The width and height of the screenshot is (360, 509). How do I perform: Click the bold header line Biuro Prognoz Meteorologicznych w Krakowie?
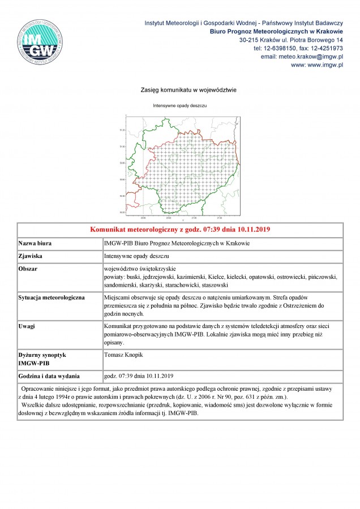point(276,32)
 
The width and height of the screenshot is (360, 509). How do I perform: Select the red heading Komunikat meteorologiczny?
point(180,230)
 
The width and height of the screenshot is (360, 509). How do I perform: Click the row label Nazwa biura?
point(35,243)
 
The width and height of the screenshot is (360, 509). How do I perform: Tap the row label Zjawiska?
point(31,256)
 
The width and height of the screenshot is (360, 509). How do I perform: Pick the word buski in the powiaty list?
point(139,277)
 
